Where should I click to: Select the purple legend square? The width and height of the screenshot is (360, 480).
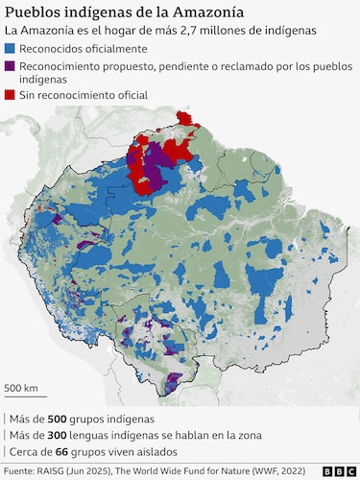[11, 66]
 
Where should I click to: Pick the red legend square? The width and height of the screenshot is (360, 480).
[11, 97]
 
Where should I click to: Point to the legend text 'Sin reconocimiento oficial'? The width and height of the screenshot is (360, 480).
[87, 97]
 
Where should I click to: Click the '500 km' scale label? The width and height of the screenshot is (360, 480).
[22, 388]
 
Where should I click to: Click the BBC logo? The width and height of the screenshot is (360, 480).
[337, 471]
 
